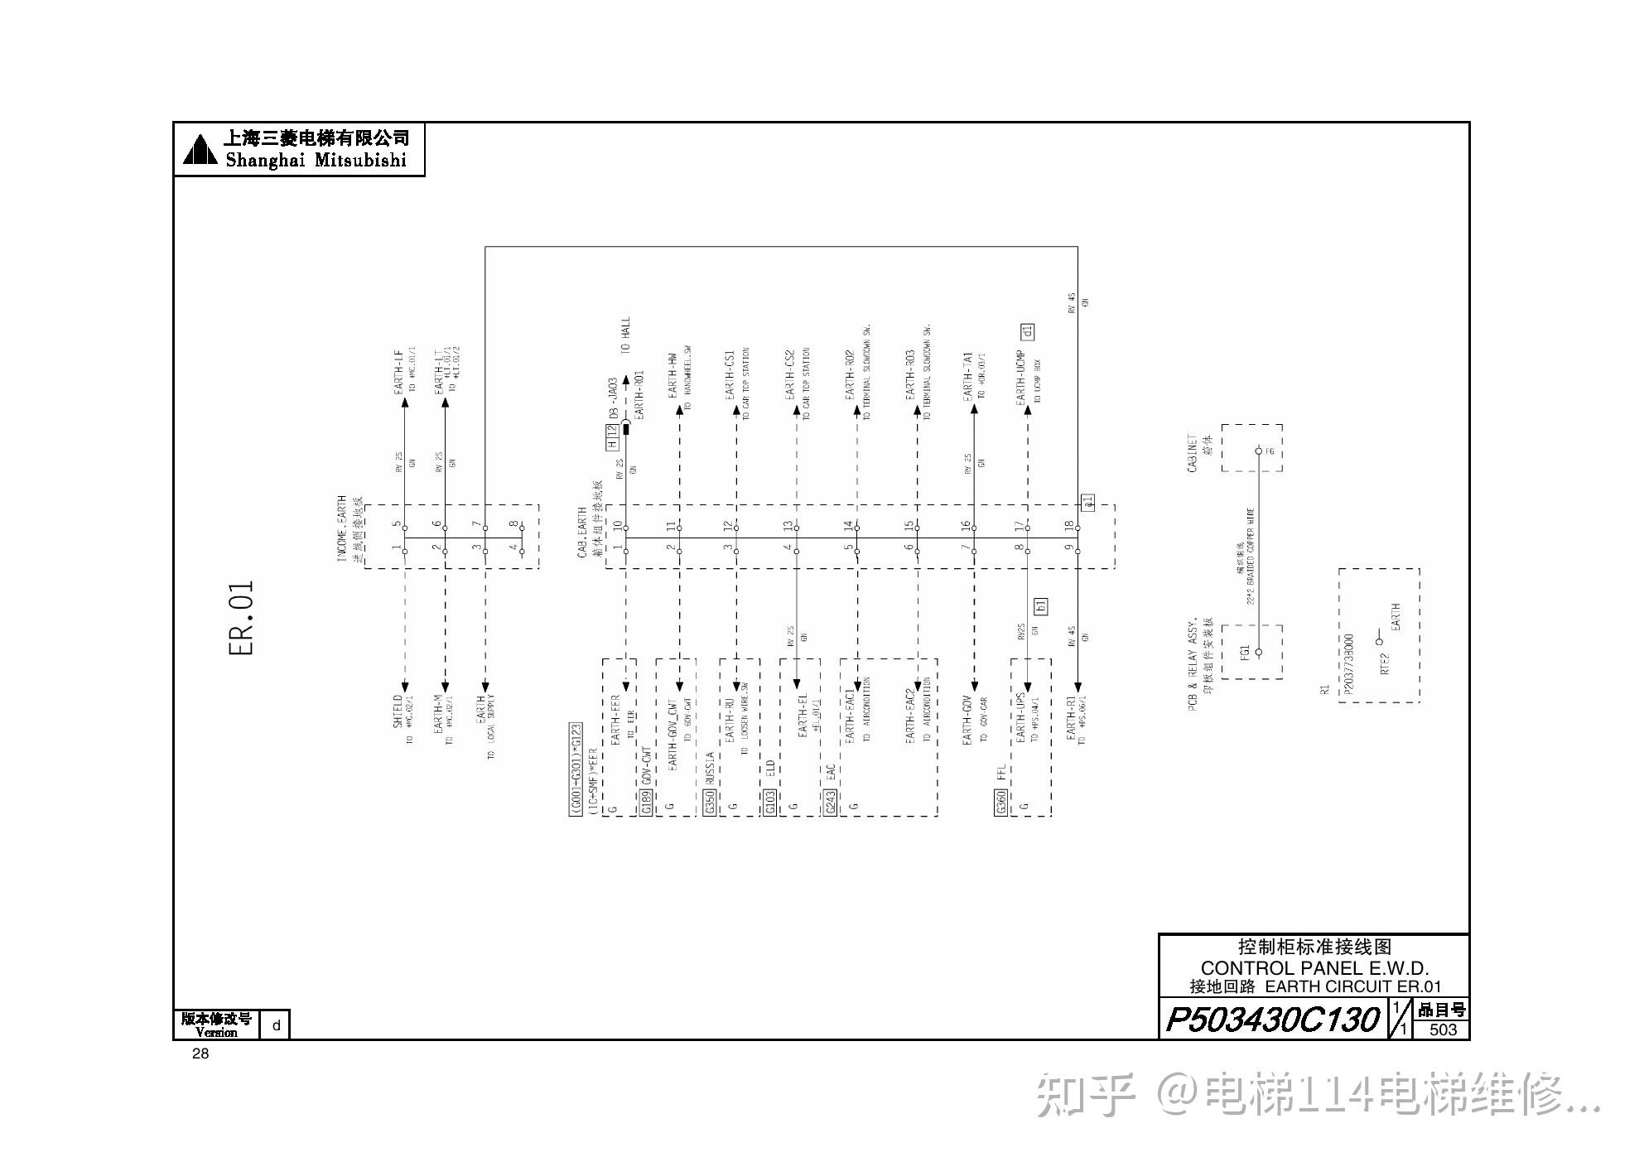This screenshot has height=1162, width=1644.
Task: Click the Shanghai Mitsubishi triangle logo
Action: pyautogui.click(x=200, y=149)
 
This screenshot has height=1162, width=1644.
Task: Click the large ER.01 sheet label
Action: pyautogui.click(x=241, y=618)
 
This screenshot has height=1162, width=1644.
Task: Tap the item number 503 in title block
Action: pyautogui.click(x=1443, y=1029)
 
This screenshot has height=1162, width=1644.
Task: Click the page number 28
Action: pyautogui.click(x=200, y=1054)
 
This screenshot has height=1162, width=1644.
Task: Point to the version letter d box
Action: pyautogui.click(x=277, y=1025)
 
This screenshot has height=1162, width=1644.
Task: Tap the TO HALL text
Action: pyautogui.click(x=625, y=335)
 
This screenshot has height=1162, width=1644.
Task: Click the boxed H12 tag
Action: pyautogui.click(x=612, y=436)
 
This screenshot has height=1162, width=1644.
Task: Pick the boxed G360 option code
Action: pyautogui.click(x=1000, y=802)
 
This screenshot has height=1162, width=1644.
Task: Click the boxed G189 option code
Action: pyautogui.click(x=646, y=802)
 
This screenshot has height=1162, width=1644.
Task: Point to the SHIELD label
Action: pyautogui.click(x=398, y=711)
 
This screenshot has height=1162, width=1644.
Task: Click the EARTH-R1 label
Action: pyautogui.click(x=1071, y=713)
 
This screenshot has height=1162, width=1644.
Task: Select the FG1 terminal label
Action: pyautogui.click(x=1245, y=653)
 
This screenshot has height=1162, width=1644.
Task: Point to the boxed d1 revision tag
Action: pyautogui.click(x=1028, y=332)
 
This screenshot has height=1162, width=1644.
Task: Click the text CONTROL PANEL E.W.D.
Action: pyautogui.click(x=1314, y=967)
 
